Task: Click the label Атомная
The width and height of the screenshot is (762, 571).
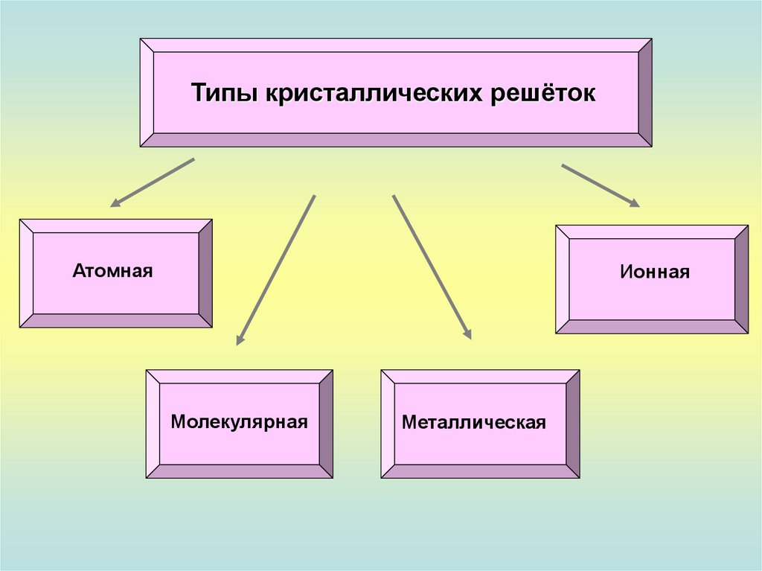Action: click(x=112, y=270)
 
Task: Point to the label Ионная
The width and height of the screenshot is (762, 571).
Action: click(x=655, y=272)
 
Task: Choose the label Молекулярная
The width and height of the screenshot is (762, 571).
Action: click(x=239, y=422)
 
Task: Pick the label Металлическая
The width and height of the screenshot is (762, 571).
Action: click(x=474, y=423)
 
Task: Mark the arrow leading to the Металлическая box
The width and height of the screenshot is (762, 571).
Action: click(x=432, y=267)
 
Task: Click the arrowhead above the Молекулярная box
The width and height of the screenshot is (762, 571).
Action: click(x=240, y=340)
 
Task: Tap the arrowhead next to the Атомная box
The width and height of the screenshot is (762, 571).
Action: click(x=115, y=202)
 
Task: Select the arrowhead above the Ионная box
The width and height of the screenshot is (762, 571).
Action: click(x=634, y=203)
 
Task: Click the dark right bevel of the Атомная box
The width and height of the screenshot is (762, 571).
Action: click(x=205, y=273)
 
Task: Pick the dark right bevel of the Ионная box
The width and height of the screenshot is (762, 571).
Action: click(x=741, y=279)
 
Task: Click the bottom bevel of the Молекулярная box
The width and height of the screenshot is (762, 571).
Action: click(x=239, y=470)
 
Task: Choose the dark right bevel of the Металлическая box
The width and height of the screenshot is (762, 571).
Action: click(x=573, y=424)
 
